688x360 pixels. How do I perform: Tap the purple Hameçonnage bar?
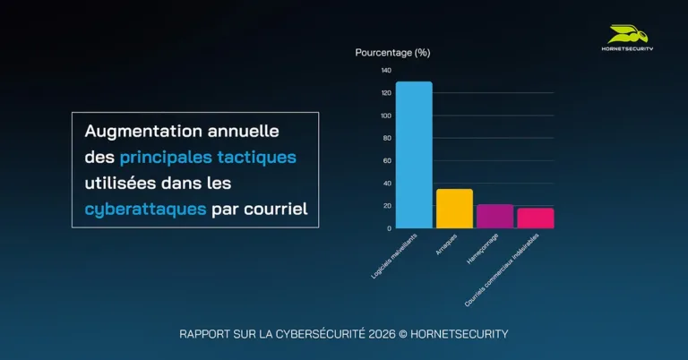494,216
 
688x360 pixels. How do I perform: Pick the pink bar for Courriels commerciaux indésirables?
536,218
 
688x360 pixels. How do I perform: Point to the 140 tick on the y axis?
386,71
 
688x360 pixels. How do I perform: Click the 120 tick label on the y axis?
386,93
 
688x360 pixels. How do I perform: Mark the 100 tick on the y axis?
386,116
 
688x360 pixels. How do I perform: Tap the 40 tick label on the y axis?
387,183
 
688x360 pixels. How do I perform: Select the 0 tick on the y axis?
389,227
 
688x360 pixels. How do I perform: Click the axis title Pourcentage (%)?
392,52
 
